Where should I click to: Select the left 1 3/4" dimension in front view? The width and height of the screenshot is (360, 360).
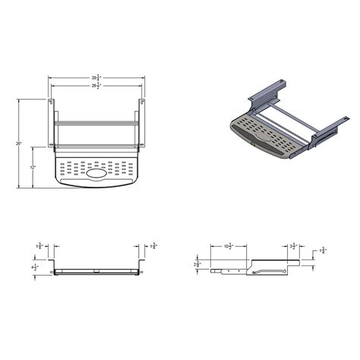39,246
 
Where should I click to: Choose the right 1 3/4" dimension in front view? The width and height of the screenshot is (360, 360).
154,246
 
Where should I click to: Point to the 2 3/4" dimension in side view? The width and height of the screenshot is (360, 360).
197,263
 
